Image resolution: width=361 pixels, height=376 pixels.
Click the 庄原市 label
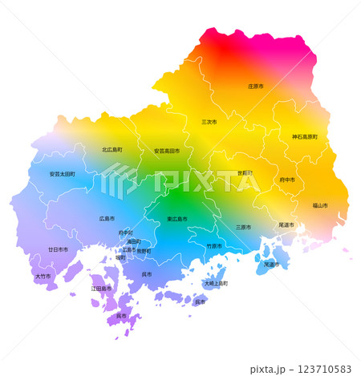256,86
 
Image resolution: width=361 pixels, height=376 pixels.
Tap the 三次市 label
209,122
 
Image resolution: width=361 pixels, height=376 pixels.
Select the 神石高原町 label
305,137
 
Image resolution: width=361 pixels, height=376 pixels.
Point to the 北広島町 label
112,150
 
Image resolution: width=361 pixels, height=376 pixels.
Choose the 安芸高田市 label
167,151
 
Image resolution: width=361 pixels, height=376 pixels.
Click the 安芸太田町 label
62,174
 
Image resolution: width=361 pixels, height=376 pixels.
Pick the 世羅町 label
245,173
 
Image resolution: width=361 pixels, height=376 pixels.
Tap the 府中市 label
287,180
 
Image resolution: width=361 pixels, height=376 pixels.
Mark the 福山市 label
318,205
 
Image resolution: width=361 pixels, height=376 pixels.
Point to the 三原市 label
244,227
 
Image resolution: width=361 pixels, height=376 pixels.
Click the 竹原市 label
214,246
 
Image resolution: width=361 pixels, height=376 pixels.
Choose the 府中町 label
125,232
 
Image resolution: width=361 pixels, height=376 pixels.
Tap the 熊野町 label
144,250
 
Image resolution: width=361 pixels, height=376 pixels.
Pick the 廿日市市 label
58,249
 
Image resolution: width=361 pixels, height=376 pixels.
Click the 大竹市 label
42,277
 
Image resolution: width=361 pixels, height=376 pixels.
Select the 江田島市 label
100,288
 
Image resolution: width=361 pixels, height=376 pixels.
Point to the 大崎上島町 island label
216,283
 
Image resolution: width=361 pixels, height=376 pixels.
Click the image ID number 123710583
318,369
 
